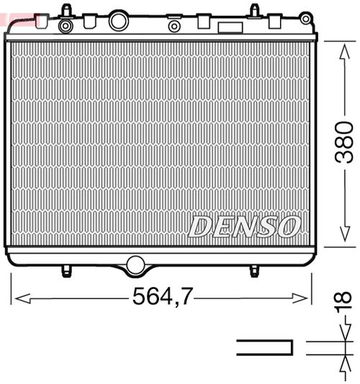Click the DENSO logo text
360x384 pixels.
click(243, 226)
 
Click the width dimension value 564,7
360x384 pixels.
click(163, 296)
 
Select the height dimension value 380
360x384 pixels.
click(344, 142)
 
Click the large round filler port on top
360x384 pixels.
click(118, 21)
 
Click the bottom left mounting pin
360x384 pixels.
click(66, 270)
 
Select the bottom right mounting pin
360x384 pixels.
click(254, 270)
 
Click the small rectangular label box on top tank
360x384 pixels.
click(230, 29)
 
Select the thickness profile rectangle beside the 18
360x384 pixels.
click(265, 347)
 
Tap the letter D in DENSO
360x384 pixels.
click(199, 226)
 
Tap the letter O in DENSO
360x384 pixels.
click(288, 226)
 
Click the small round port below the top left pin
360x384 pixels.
click(66, 27)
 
